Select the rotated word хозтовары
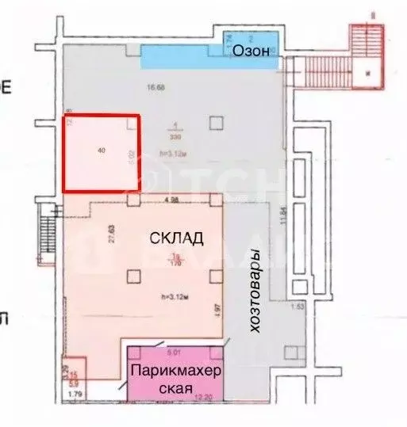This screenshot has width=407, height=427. [x=255, y=292]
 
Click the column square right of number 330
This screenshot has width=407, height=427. [x=216, y=123]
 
